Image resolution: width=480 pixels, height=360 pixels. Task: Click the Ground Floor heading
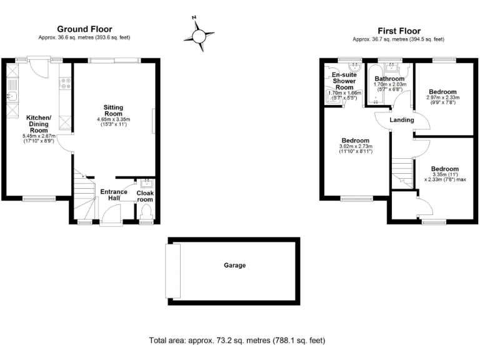pos(85,29)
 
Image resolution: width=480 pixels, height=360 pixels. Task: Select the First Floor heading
pos(399,31)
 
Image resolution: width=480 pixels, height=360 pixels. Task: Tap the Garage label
pos(235,266)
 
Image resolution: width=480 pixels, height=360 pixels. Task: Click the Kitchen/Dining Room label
pos(39,122)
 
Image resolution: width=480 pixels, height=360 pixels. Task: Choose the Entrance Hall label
pos(114,195)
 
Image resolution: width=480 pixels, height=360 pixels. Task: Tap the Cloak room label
pos(145,196)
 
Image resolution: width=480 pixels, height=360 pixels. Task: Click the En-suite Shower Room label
pos(344,81)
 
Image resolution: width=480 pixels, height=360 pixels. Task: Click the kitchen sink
pos(12,97)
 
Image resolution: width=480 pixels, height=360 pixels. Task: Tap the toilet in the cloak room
pos(147,215)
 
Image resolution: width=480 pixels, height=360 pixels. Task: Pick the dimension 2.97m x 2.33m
pos(443,97)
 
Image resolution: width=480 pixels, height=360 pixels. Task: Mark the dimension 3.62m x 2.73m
pos(355,147)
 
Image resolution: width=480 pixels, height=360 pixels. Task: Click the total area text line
pos(237,341)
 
